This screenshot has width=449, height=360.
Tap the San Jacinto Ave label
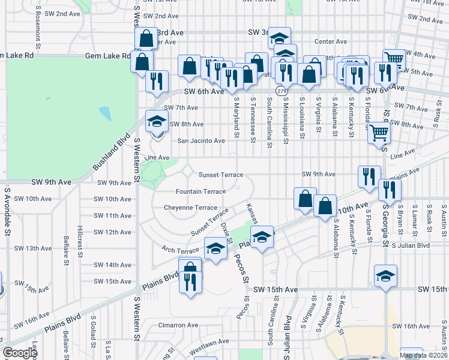tap(200, 141)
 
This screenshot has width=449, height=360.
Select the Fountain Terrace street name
tap(200, 192)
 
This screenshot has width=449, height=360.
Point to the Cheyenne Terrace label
tap(190, 208)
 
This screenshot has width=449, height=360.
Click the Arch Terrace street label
tap(180, 249)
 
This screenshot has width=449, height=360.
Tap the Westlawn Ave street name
tap(209, 342)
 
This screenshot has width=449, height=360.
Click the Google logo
tap(20, 353)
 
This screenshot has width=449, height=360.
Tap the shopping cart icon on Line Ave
tap(378, 133)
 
